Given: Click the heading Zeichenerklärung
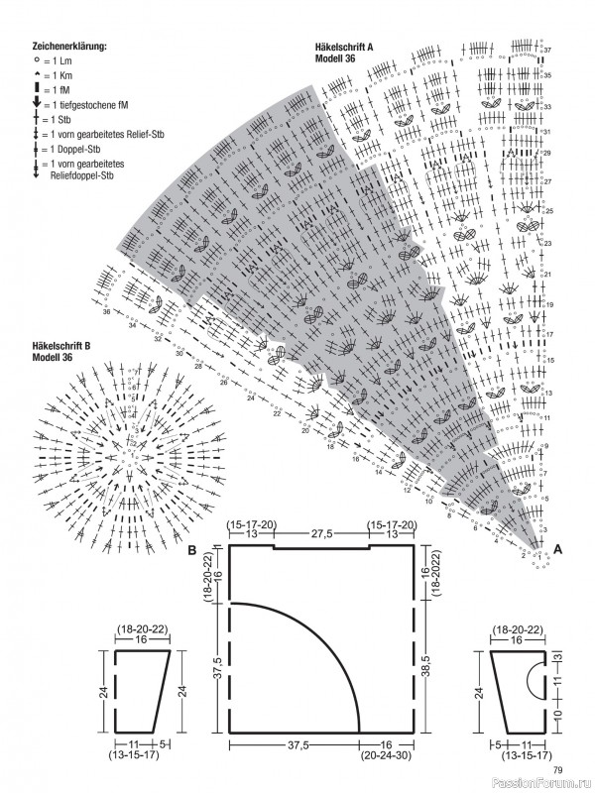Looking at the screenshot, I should pos(69,47).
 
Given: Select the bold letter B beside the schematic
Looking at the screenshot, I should pos(190,548).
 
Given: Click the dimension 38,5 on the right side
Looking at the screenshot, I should pos(425,674).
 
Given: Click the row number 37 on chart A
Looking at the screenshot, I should pos(547,50).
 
